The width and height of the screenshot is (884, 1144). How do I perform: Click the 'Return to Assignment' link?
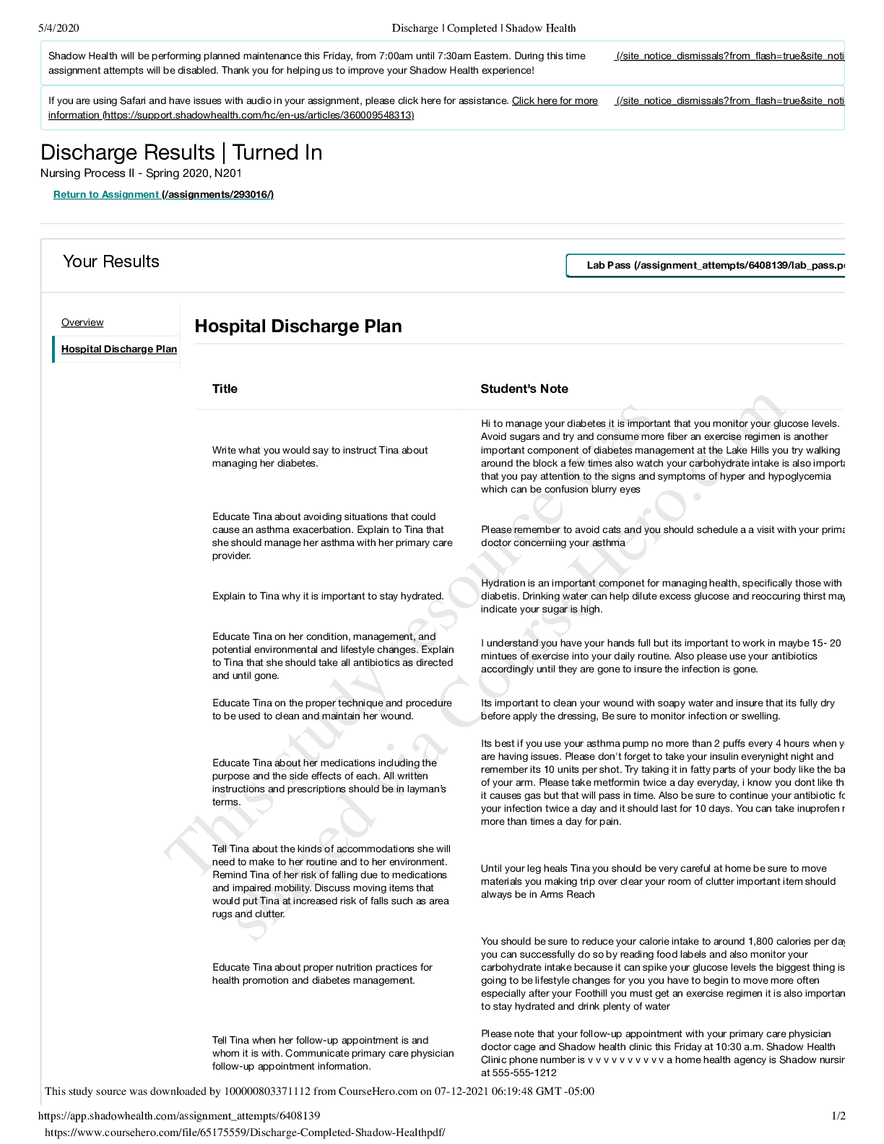(106, 194)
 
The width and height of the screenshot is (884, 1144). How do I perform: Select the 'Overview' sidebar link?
(82, 322)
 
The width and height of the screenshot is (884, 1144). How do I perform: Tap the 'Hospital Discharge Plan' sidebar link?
(118, 349)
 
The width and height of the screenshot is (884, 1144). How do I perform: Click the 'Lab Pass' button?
(708, 265)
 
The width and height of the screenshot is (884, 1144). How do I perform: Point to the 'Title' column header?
(225, 389)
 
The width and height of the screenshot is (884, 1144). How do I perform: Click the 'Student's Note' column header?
(524, 389)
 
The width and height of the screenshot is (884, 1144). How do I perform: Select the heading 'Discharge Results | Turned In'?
(181, 152)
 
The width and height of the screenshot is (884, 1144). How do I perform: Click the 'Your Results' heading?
(111, 261)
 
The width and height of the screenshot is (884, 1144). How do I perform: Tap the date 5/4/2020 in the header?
(58, 28)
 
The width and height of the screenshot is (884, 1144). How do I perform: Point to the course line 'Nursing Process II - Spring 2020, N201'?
(141, 173)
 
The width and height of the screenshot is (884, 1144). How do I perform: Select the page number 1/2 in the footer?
(838, 1116)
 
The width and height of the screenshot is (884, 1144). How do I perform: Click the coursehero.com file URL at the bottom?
(245, 1132)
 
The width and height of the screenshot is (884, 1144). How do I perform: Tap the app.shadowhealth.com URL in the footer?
(179, 1116)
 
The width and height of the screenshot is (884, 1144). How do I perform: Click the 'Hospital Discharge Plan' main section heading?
(298, 326)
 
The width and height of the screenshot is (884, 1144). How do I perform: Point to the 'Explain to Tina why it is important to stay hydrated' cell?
(328, 596)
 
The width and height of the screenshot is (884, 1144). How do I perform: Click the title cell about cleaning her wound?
(332, 709)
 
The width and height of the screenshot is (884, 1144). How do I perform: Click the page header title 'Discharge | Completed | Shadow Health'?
(484, 28)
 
